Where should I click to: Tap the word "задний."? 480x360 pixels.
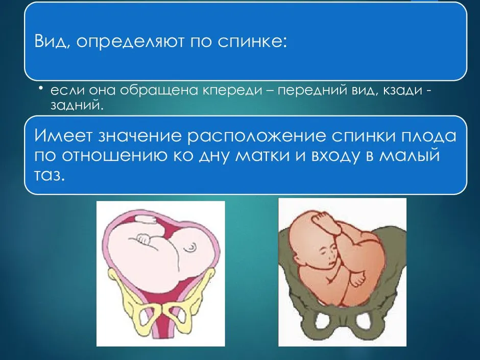pos(75,105)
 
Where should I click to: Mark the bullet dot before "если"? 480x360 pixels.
pos(40,88)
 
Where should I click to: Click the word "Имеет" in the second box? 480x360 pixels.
pos(63,136)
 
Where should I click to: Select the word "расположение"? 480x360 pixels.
pos(256,136)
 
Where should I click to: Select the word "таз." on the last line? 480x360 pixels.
pos(50,176)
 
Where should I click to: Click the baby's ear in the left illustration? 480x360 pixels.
pos(190,247)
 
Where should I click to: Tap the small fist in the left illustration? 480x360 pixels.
pos(143,239)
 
